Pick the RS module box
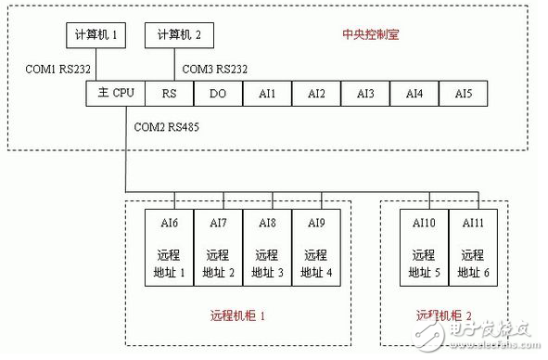click(x=169, y=93)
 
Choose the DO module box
click(x=218, y=93)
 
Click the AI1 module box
click(x=267, y=93)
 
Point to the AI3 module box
click(x=364, y=93)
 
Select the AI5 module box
click(x=463, y=93)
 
